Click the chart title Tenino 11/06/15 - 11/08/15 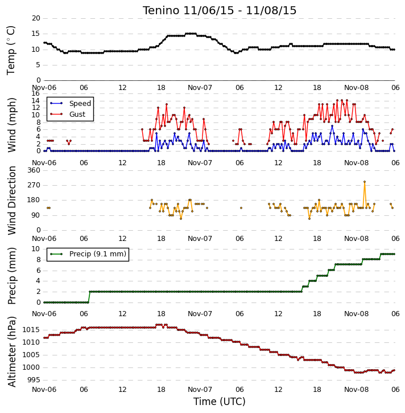click(220, 10)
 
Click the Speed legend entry click(71, 104)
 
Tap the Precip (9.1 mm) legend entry click(88, 254)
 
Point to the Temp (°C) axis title click(11, 50)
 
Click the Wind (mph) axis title click(11, 125)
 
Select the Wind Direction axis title click(11, 201)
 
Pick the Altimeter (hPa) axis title click(11, 351)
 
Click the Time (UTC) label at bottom click(220, 402)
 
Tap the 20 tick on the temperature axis click(36, 18)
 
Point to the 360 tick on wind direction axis click(34, 170)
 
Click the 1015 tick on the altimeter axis click(31, 330)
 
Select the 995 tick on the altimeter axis click(33, 380)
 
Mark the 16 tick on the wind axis click(35, 93)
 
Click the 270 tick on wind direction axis click(34, 185)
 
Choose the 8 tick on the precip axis click(38, 260)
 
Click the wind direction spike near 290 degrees click(365, 182)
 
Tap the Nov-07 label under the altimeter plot click(200, 389)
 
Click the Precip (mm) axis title click(11, 276)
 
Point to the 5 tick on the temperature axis click(38, 65)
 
